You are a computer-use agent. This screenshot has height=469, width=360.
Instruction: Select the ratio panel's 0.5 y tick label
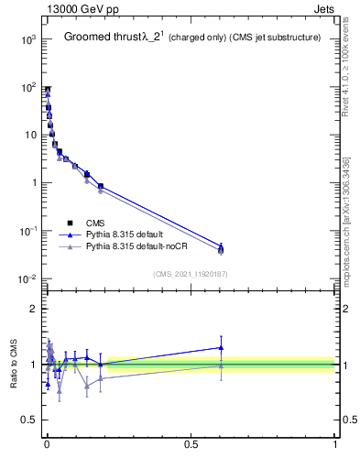point(29,420)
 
